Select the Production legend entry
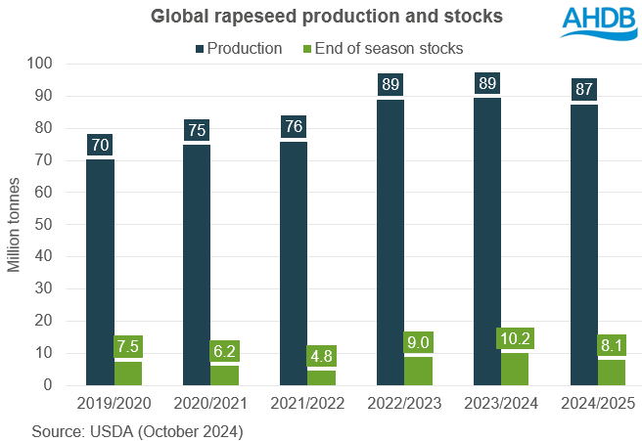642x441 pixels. coord(242,48)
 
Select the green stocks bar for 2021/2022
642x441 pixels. coord(321,377)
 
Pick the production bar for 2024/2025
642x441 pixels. coord(583,244)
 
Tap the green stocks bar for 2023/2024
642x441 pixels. coord(515,369)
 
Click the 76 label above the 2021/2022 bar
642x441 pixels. coord(294,128)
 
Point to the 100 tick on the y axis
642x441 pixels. coord(40,65)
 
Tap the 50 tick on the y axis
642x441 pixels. coord(44,225)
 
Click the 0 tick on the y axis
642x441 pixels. coord(48,385)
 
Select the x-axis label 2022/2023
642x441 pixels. coord(404,403)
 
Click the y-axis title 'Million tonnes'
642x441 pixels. coord(15,225)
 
